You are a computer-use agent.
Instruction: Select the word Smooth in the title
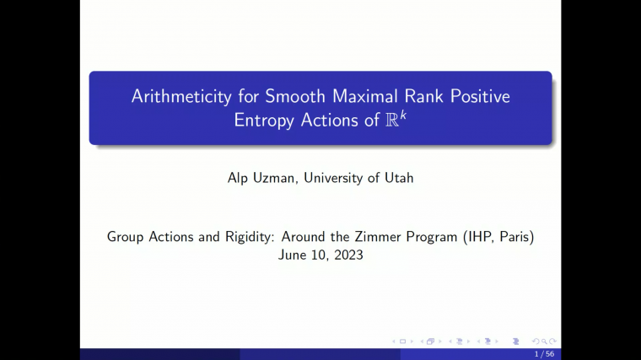pyautogui.click(x=291, y=96)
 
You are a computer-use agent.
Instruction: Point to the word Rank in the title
pyautogui.click(x=413, y=96)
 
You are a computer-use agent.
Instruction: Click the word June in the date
pyautogui.click(x=294, y=255)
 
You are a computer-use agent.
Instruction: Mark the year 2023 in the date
pyautogui.click(x=347, y=255)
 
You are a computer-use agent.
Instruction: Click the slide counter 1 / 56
pyautogui.click(x=544, y=354)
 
